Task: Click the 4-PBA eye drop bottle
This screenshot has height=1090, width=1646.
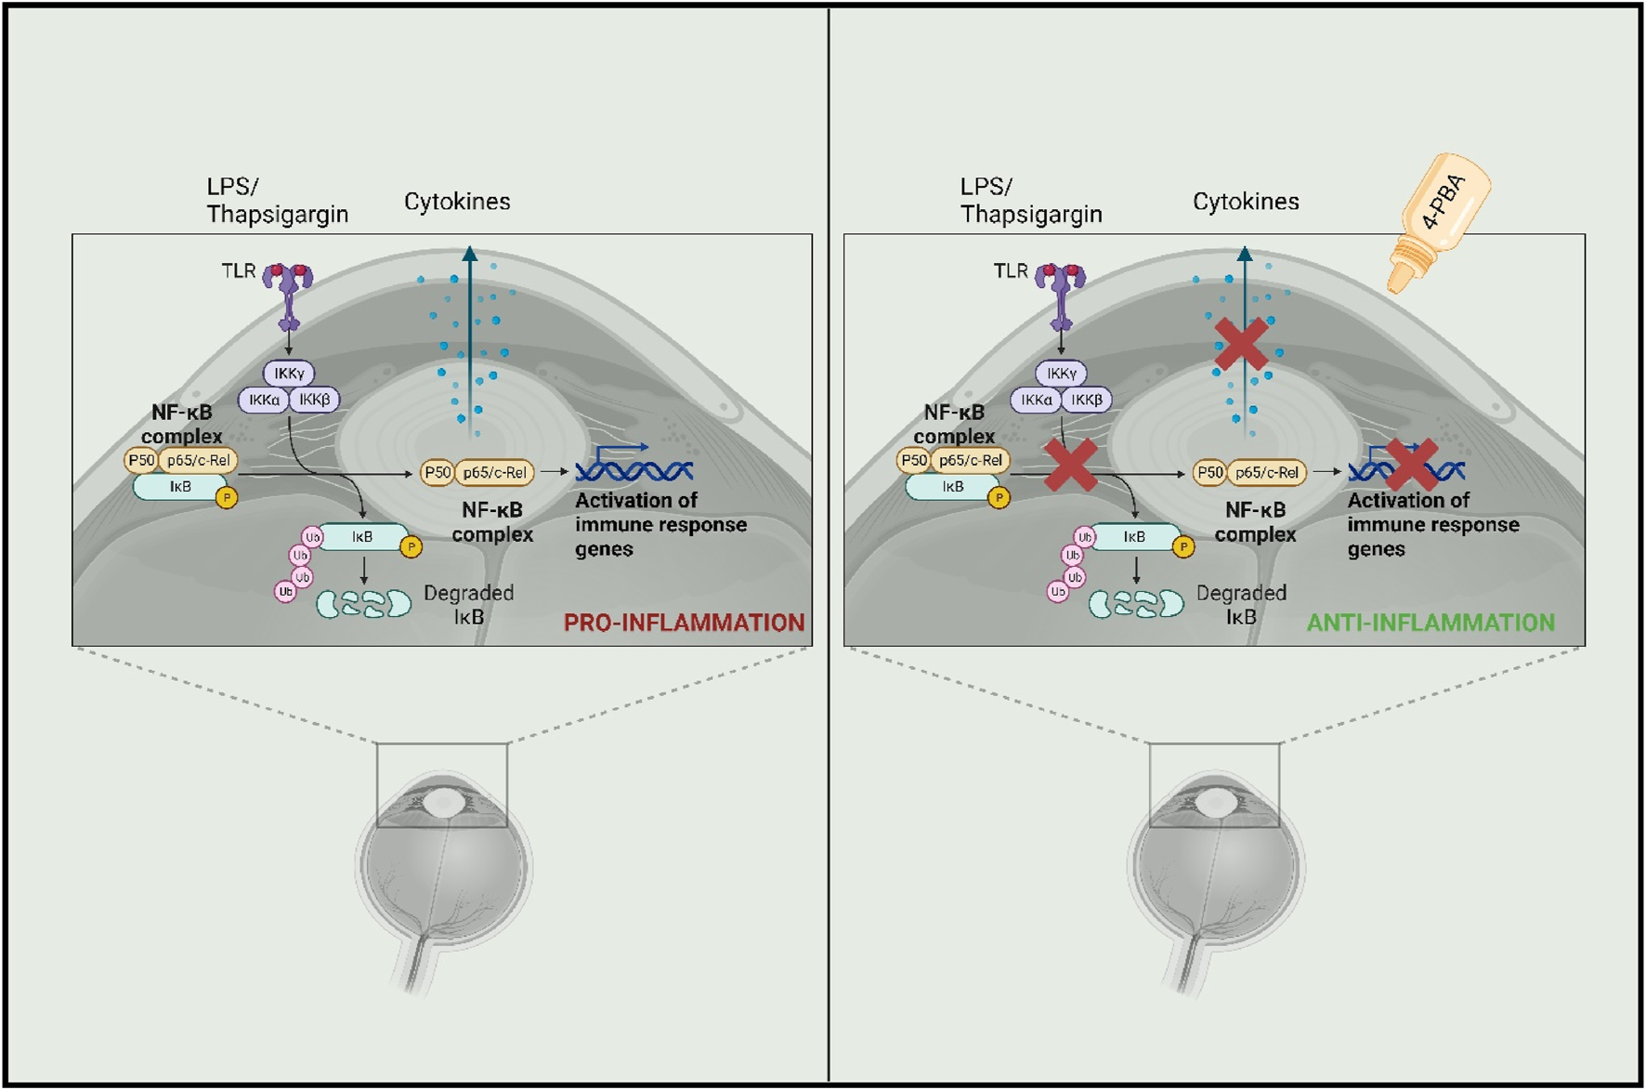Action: tap(1437, 223)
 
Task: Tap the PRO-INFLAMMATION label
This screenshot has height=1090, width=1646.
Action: tap(684, 623)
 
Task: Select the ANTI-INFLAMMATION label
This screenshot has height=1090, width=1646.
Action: tap(1430, 623)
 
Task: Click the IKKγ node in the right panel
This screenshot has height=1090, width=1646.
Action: tap(1061, 374)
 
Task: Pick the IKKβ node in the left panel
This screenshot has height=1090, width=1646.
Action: tap(315, 400)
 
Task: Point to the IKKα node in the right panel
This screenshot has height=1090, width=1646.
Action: tap(1036, 400)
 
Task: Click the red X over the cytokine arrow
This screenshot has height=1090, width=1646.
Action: tap(1241, 345)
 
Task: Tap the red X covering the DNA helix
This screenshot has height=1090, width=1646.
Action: tap(1411, 464)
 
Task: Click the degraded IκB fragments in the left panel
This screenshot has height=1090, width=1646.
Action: tap(363, 604)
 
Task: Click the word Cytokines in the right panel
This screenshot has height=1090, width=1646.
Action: tap(1245, 202)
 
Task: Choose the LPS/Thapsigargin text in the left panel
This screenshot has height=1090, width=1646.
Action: tap(277, 201)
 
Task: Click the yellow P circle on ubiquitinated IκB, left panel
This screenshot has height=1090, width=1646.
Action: tap(411, 546)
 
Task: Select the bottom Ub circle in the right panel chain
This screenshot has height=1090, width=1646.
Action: tap(1057, 592)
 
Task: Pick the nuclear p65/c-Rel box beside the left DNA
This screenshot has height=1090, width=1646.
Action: tap(494, 472)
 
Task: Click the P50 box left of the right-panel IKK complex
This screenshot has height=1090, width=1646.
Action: tap(913, 460)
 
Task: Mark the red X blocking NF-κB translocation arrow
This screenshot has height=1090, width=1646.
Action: tap(1071, 466)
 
